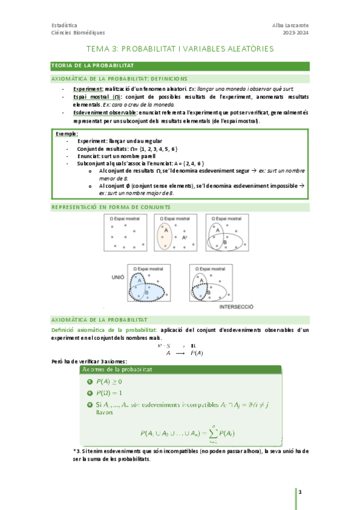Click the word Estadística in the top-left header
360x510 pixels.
pyautogui.click(x=64, y=25)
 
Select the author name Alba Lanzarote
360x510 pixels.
pyautogui.click(x=290, y=25)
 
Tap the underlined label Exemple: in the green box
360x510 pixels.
pyautogui.click(x=67, y=133)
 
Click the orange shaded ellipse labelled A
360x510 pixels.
pyautogui.click(x=164, y=235)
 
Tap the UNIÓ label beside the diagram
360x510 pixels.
pyautogui.click(x=118, y=278)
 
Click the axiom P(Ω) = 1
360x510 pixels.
pyautogui.click(x=109, y=393)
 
